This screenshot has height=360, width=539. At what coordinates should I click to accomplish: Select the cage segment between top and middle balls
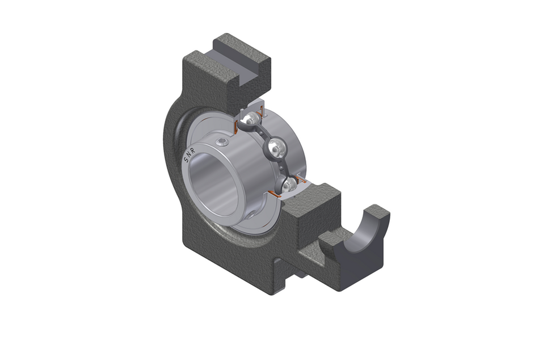pyautogui.click(x=262, y=134)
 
